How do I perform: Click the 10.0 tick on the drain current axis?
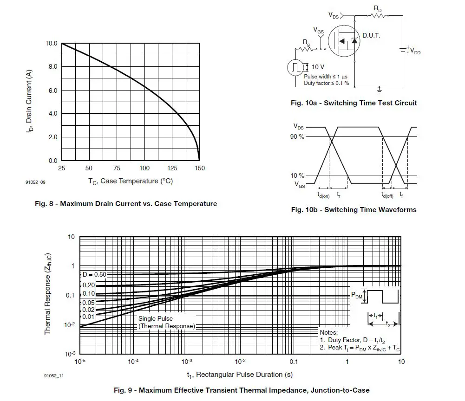tap(51, 44)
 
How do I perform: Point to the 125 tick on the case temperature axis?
tap(172, 168)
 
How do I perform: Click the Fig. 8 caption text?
tap(126, 204)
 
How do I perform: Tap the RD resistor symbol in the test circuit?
tap(377, 15)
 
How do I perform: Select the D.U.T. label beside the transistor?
tap(371, 36)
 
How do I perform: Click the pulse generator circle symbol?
tap(295, 67)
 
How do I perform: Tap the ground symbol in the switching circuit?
tap(380, 89)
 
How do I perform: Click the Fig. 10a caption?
tap(354, 103)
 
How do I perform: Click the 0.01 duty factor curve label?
tap(88, 317)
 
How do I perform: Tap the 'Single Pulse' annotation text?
tap(155, 319)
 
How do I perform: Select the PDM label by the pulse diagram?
tap(356, 295)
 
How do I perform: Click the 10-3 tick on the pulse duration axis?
tap(187, 362)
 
